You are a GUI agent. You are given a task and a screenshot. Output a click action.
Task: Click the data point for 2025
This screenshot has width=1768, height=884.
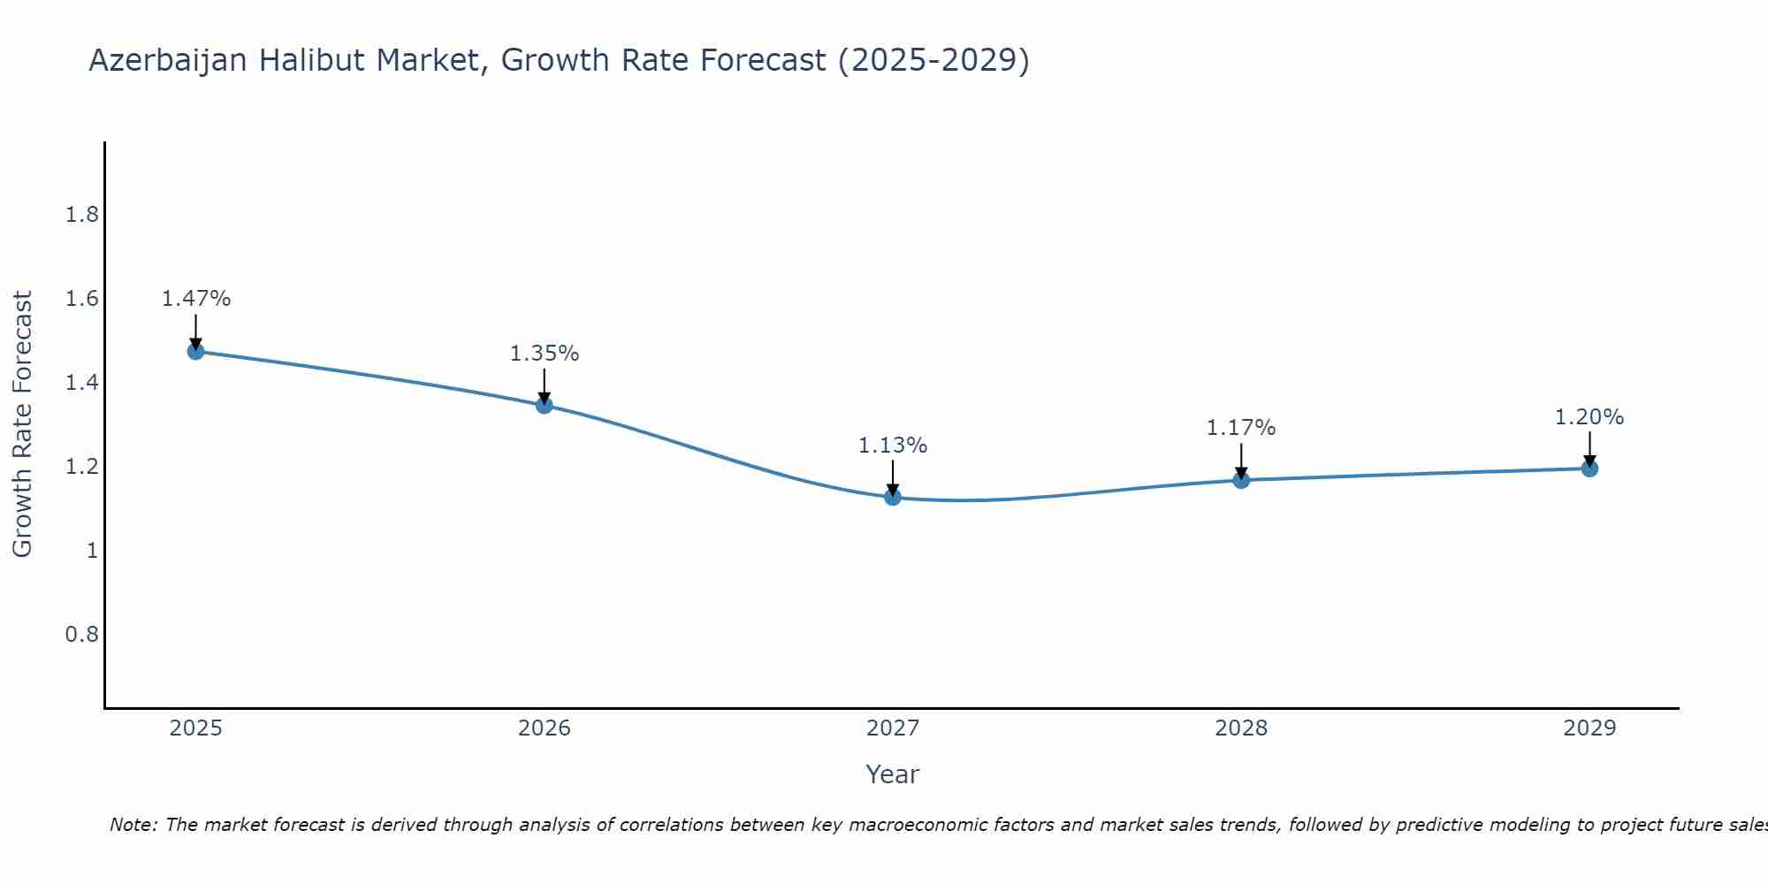196,352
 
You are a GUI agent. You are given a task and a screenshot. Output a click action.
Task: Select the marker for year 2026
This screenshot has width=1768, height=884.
545,406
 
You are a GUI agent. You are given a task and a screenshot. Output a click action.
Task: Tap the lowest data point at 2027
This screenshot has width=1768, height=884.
893,498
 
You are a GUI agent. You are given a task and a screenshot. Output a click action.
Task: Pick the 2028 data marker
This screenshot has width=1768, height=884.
1241,480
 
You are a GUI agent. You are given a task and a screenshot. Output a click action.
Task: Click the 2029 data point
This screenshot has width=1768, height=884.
1589,469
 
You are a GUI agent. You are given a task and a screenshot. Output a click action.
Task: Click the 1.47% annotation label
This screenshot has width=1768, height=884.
196,299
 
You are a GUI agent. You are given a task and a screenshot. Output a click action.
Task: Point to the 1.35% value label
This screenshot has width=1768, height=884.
545,354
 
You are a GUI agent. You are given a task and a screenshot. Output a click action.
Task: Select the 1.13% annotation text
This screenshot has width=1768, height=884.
893,446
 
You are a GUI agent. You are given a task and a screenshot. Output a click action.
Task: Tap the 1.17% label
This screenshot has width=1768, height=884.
1241,428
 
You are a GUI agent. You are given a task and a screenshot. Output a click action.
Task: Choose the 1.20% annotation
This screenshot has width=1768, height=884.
1589,417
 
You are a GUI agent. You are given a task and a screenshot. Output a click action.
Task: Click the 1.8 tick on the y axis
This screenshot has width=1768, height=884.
82,215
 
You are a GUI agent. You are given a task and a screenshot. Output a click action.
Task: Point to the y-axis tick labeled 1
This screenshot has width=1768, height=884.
92,551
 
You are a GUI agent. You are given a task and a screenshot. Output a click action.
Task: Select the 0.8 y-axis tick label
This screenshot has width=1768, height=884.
82,635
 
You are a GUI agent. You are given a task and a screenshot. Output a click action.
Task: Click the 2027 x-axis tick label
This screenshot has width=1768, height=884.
893,728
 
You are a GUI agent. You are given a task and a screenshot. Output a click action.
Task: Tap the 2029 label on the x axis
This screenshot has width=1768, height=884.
1589,728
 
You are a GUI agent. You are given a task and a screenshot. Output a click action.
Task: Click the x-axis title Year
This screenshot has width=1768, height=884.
893,774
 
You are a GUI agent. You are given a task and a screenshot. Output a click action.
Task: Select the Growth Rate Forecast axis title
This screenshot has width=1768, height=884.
22,424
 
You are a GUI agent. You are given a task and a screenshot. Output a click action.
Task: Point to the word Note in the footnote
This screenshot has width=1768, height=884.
133,825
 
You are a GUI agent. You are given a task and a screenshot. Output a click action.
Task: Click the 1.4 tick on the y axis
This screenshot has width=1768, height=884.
82,383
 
